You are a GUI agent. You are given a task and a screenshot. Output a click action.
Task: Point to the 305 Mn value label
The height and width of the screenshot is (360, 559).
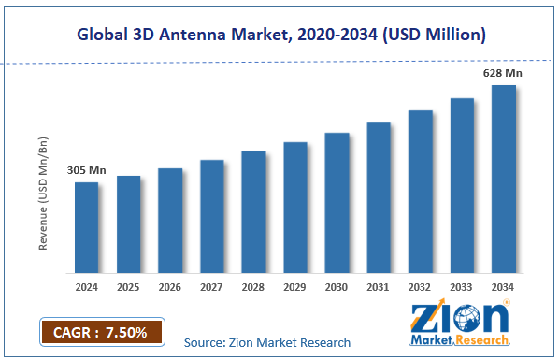pos(85,171)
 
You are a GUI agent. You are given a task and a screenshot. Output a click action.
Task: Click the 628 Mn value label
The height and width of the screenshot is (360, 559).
pos(501,72)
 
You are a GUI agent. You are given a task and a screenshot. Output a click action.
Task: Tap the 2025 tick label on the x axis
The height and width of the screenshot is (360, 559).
pos(128,287)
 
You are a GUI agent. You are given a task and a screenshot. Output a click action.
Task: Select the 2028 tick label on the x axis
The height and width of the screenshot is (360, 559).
pos(253,287)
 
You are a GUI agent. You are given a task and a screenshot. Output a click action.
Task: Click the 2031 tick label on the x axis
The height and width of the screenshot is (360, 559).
pos(378,287)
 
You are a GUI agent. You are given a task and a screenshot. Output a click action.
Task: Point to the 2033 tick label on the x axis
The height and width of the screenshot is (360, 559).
pos(462,287)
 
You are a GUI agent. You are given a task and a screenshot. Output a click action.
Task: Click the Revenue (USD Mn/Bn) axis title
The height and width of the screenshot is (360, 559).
pos(43,194)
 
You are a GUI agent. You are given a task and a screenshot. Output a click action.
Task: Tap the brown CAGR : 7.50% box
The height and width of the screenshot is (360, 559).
pos(101,331)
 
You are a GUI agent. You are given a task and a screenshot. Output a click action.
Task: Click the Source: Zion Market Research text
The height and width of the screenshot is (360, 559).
pos(267,342)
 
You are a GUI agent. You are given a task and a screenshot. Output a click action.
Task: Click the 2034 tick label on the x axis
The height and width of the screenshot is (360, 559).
pos(503,287)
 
